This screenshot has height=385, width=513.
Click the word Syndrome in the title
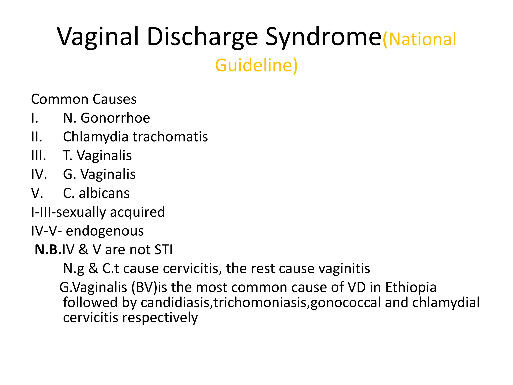[x=323, y=38]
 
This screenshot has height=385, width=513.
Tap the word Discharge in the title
[x=202, y=38]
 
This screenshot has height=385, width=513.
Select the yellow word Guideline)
[x=256, y=65]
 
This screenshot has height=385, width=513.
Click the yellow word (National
[x=420, y=39]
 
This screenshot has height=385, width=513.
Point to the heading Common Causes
[x=84, y=99]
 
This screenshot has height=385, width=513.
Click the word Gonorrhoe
[x=115, y=118]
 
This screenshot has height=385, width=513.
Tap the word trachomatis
[x=170, y=137]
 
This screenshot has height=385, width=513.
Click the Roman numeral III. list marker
[x=39, y=156]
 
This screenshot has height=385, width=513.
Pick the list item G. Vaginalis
[x=99, y=174]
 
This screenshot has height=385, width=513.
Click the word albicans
[x=104, y=193]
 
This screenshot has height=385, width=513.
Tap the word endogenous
[x=105, y=231]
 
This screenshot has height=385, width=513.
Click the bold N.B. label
[x=48, y=250]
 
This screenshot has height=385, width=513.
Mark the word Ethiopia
[x=411, y=287]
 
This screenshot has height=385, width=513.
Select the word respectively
[x=160, y=318]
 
